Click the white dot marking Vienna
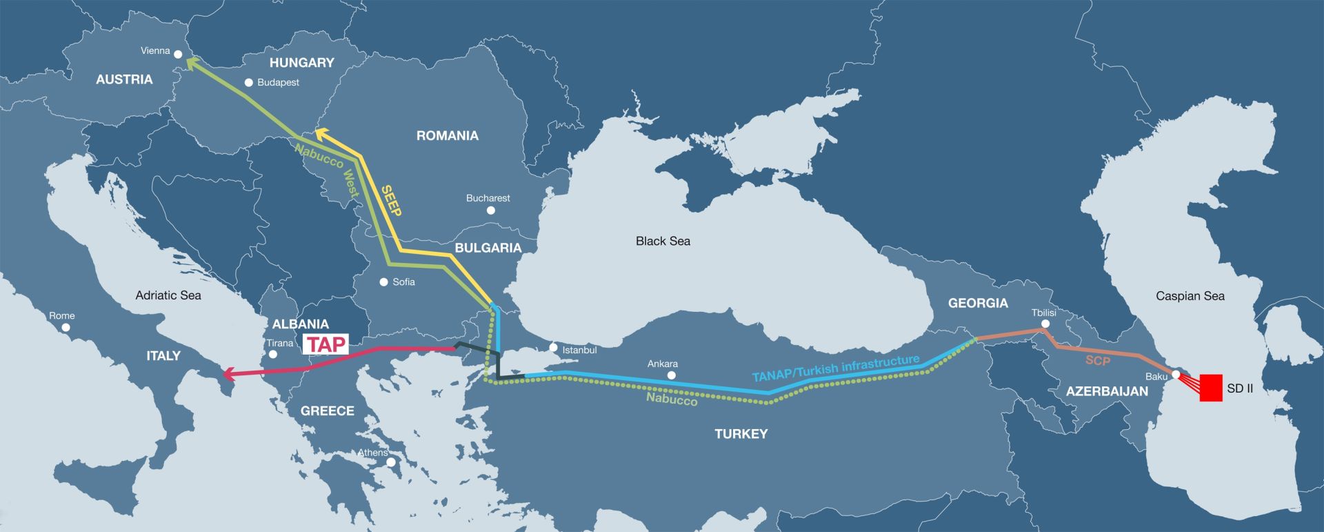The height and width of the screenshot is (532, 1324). click(178, 54)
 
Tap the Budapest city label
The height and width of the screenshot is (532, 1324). click(278, 82)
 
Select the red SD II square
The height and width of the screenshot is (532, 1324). click(1211, 388)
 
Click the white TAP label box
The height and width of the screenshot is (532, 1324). click(325, 344)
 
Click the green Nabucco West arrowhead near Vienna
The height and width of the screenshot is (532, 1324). click(190, 62)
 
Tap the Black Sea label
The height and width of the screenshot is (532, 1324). click(663, 241)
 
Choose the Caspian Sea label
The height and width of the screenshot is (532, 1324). click(1190, 296)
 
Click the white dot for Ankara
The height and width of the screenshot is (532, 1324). click(672, 375)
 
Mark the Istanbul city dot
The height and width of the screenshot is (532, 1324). click(553, 348)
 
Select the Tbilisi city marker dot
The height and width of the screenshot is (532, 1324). click(1045, 324)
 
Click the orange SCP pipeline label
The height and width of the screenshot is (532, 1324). click(1098, 360)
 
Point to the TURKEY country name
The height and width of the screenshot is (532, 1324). click(741, 434)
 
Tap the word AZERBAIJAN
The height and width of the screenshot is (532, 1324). click(1107, 391)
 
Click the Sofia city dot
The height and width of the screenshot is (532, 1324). click(384, 282)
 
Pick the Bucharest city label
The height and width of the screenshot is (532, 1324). click(488, 198)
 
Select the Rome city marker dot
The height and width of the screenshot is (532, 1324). click(66, 327)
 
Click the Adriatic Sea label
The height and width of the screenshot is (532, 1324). click(168, 295)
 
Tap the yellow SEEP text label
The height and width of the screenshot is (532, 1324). click(391, 201)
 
